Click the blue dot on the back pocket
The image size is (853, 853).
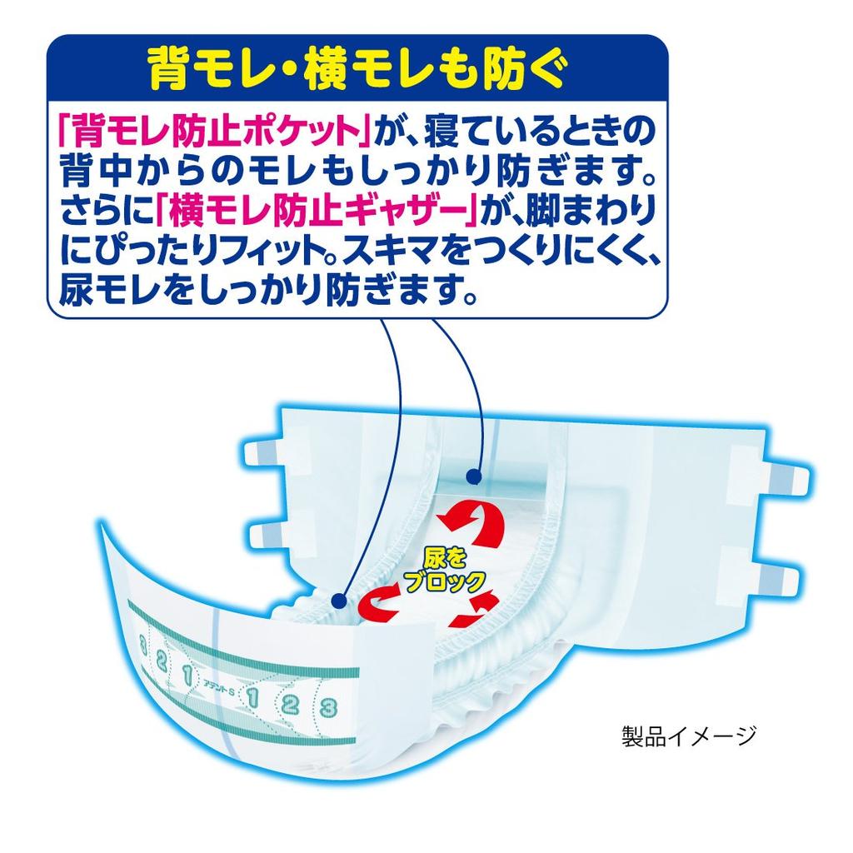tap(474, 477)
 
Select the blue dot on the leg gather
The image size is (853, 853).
tap(339, 598)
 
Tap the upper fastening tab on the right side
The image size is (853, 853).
tap(778, 479)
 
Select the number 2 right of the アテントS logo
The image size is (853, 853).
tap(289, 703)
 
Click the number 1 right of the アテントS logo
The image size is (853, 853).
tap(250, 696)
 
